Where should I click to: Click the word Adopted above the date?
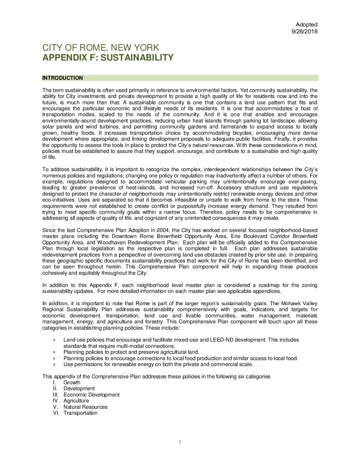(x=306, y=24)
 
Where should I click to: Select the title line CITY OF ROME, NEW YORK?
(x=101, y=48)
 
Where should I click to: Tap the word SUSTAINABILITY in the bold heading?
(x=137, y=58)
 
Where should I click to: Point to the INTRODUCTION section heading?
(x=63, y=78)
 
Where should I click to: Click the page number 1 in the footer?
(x=180, y=443)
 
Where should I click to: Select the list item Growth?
(x=72, y=383)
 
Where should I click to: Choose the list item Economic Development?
(x=91, y=395)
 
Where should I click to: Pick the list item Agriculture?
(x=76, y=401)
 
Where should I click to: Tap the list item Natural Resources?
(x=85, y=407)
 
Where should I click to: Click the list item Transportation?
(x=80, y=413)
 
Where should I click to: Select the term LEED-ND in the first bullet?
(x=219, y=340)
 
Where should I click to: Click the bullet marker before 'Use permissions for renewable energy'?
(x=54, y=364)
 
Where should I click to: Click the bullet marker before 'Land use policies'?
(x=54, y=340)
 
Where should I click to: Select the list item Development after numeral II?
(x=79, y=389)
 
